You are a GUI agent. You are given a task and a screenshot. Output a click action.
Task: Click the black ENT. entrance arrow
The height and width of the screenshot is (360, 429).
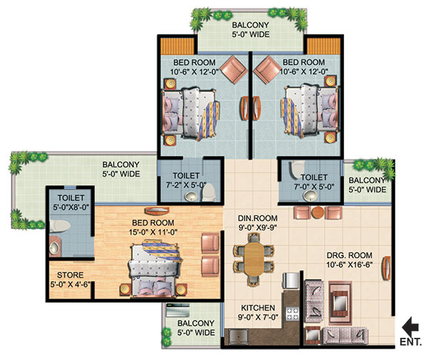pyautogui.click(x=410, y=327)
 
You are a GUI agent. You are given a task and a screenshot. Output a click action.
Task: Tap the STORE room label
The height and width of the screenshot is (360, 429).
pyautogui.click(x=70, y=275)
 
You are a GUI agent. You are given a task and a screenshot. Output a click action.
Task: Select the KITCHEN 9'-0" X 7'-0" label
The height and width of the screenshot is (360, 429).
pyautogui.click(x=258, y=312)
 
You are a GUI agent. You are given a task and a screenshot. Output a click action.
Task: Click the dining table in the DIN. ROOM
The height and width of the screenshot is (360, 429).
pyautogui.click(x=254, y=259)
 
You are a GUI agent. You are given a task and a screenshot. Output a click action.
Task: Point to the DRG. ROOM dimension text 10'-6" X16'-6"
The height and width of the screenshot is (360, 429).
pyautogui.click(x=350, y=265)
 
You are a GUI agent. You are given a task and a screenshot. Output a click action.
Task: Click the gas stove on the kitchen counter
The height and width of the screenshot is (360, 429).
pyautogui.click(x=292, y=313)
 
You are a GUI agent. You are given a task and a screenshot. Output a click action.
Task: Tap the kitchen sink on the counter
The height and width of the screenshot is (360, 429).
pyautogui.click(x=238, y=336)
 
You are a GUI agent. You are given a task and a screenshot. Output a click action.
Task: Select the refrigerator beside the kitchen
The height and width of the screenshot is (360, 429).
pyautogui.click(x=290, y=281)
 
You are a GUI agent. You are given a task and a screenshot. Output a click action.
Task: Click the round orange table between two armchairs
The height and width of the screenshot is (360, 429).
pyautogui.click(x=317, y=213)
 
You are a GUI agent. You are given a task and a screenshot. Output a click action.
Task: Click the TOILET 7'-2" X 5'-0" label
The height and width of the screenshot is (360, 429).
pyautogui.click(x=186, y=180)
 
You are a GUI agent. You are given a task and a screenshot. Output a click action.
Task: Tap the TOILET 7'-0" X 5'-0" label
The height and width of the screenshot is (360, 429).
pyautogui.click(x=314, y=182)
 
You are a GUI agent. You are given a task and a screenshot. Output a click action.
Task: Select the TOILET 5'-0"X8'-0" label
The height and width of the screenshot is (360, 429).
pyautogui.click(x=71, y=203)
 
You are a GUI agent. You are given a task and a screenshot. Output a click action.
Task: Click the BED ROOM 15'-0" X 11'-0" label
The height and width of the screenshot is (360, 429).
pyautogui.click(x=153, y=228)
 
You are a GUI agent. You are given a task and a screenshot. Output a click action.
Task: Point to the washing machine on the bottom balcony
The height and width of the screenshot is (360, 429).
pyautogui.click(x=178, y=310)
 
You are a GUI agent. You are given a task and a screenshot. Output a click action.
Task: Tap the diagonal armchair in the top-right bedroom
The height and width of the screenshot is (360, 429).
pyautogui.click(x=265, y=70)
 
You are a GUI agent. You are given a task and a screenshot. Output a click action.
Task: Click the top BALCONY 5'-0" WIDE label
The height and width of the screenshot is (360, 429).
pyautogui.click(x=251, y=29)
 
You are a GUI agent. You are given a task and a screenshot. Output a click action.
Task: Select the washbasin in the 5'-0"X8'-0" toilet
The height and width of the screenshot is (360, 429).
pyautogui.click(x=55, y=247)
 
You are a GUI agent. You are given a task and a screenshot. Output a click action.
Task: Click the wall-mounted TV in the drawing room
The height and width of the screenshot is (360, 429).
pyautogui.click(x=387, y=268)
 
